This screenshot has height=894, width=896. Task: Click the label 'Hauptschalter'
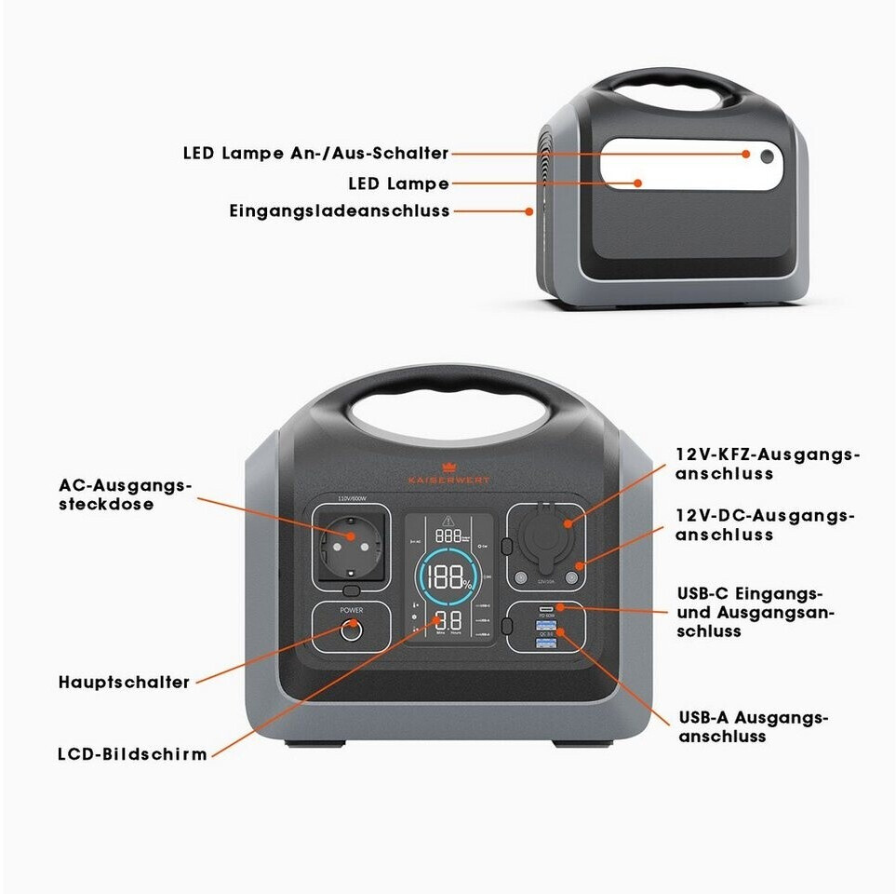[124, 683]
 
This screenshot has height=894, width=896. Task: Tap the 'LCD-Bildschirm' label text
[132, 754]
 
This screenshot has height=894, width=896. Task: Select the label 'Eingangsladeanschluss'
[340, 211]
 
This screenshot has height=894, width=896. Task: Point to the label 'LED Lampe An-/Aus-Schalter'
[315, 154]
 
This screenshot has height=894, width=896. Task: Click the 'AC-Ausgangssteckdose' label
[125, 494]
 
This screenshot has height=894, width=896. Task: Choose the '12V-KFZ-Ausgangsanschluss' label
[768, 464]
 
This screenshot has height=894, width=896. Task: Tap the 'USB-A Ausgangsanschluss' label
[753, 726]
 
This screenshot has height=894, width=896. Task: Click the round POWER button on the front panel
[351, 630]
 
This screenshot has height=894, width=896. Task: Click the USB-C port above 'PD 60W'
[545, 609]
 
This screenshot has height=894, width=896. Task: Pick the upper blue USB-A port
[545, 627]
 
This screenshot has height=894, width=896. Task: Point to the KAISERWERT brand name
[448, 479]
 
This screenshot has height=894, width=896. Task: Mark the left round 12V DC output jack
[520, 579]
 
